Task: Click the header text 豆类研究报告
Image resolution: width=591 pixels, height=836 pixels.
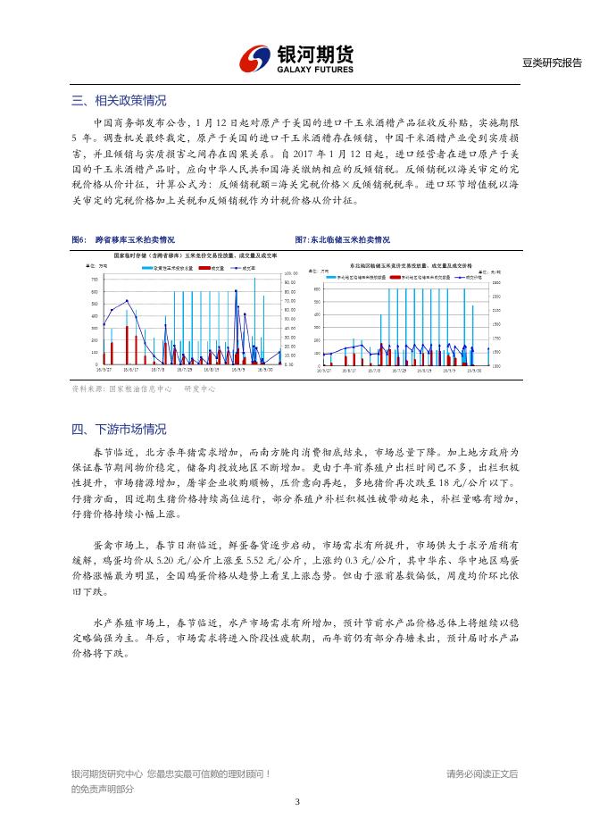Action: tap(552, 63)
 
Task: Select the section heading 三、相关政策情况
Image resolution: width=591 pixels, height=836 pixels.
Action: tap(119, 100)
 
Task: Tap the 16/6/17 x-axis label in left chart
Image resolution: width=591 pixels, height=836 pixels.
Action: tap(131, 368)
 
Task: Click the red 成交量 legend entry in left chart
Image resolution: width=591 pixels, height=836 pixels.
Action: tap(207, 267)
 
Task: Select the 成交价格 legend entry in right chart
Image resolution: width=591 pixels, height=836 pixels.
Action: tap(466, 277)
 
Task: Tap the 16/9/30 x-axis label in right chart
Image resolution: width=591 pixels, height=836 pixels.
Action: tap(479, 368)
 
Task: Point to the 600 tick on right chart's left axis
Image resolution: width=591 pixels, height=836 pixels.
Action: tap(317, 289)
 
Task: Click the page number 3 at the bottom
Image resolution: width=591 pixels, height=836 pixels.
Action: tap(295, 801)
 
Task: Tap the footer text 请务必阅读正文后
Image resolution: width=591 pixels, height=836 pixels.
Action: tap(482, 773)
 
